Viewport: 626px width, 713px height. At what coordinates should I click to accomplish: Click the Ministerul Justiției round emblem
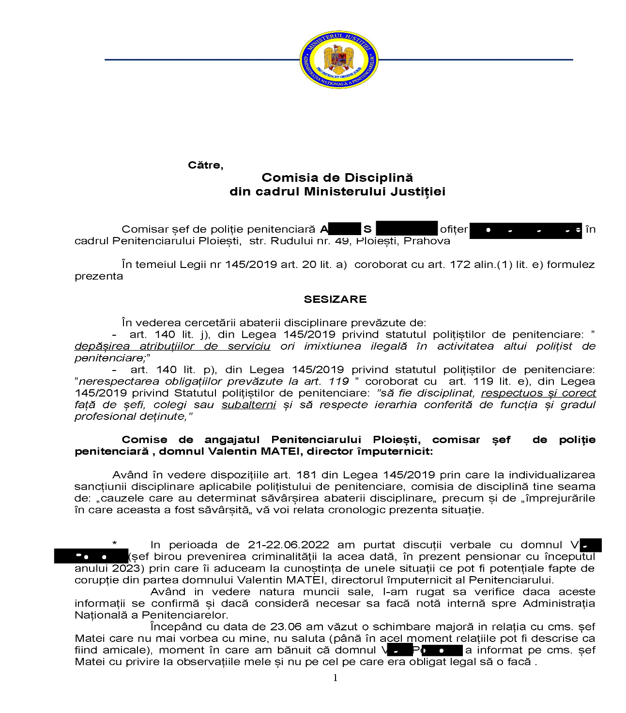pos(338,60)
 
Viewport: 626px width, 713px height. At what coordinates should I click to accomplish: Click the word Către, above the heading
pos(205,165)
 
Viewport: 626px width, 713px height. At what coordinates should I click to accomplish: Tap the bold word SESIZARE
pos(335,299)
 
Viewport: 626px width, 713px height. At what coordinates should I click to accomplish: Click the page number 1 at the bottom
pos(335,678)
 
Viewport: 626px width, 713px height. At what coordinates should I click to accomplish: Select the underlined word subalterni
pos(249,405)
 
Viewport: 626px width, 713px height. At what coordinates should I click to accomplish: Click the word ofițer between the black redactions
pos(454,229)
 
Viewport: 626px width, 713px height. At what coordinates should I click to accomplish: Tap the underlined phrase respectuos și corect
pos(538,393)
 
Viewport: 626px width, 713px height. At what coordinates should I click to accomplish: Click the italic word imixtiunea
pos(333,346)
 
